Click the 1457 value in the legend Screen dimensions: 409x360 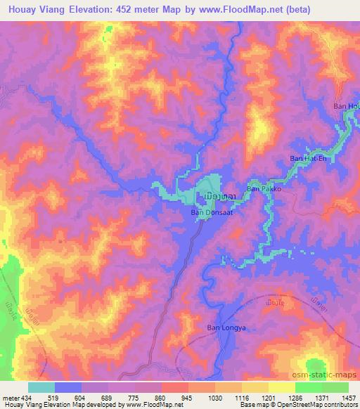click(x=349, y=398)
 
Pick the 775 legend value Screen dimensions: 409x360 click(x=136, y=398)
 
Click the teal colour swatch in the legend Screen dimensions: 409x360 click(x=41, y=387)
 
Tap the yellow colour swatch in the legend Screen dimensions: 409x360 click(x=281, y=387)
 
